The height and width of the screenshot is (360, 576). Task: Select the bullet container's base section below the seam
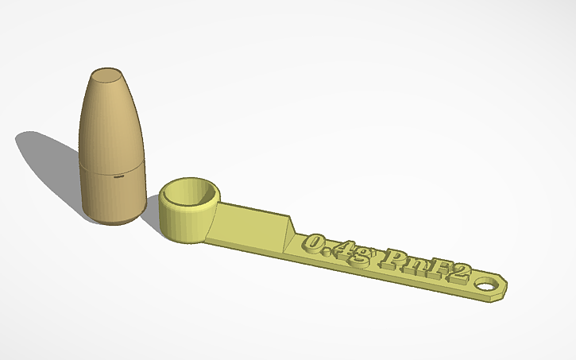point(113,195)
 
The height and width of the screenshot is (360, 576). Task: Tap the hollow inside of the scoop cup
point(191,194)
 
